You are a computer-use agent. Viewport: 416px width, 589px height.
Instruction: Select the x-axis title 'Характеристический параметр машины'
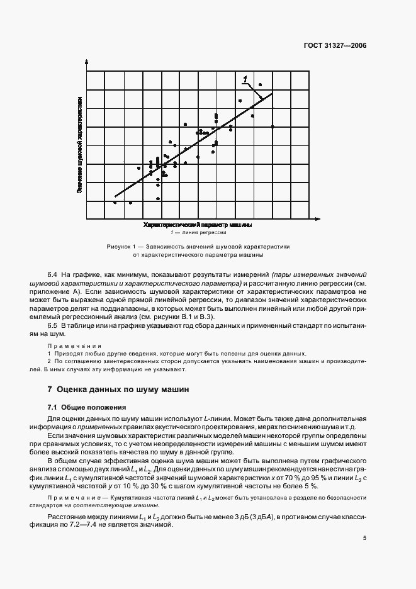point(198,225)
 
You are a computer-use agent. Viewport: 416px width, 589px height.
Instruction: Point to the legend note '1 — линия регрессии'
point(198,232)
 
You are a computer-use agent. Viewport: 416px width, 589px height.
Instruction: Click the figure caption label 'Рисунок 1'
point(120,247)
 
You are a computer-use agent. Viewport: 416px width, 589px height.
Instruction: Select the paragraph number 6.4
point(52,276)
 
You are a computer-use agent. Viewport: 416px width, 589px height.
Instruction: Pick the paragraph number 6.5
point(52,326)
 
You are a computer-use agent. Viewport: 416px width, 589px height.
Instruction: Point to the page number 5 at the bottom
point(364,538)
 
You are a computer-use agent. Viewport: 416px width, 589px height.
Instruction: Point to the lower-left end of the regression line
point(115,197)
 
